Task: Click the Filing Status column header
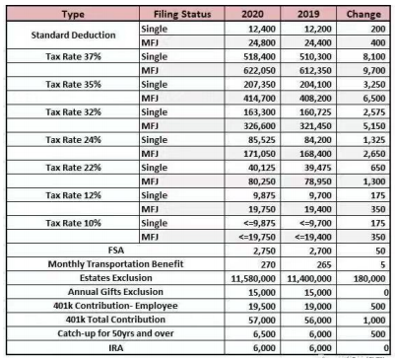point(182,14)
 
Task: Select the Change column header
point(364,14)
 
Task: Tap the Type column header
point(73,14)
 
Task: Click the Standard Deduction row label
point(73,36)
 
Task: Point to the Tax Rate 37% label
point(73,56)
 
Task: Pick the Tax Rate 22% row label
point(73,168)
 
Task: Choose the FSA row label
point(116,251)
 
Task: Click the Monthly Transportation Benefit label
point(115,264)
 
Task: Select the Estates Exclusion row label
point(116,278)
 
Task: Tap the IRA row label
point(116,348)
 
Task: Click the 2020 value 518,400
point(259,56)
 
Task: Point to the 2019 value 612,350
point(315,70)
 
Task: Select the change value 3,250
point(374,84)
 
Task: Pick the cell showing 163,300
point(259,112)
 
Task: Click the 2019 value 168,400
point(315,154)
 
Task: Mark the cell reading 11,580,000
point(253,279)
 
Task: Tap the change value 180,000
point(369,279)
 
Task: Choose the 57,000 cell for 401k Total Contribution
point(262,321)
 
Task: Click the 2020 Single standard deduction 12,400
point(262,29)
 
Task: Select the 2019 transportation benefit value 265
point(324,265)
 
